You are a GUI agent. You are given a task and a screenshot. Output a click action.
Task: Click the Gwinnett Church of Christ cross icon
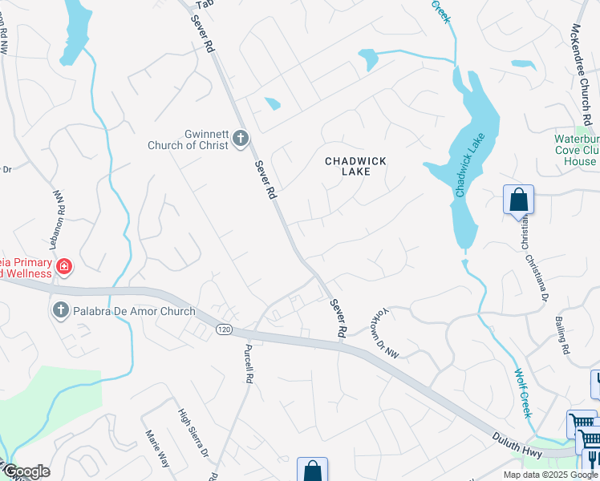coord(240,140)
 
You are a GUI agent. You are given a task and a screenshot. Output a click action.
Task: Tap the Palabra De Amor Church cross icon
coord(60,311)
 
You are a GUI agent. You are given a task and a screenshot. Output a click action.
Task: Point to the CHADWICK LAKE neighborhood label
coord(355,167)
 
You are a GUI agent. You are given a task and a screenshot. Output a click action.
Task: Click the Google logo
coord(26,471)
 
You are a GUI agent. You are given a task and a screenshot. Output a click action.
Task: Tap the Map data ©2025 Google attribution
coord(549,475)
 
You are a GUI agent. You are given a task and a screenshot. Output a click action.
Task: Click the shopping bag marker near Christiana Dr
coord(518,199)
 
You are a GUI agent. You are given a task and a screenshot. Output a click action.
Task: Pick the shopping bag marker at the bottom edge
coord(312,471)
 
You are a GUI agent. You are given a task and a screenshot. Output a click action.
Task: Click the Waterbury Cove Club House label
coord(576,150)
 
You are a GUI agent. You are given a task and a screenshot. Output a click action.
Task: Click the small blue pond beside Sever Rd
coord(272,103)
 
